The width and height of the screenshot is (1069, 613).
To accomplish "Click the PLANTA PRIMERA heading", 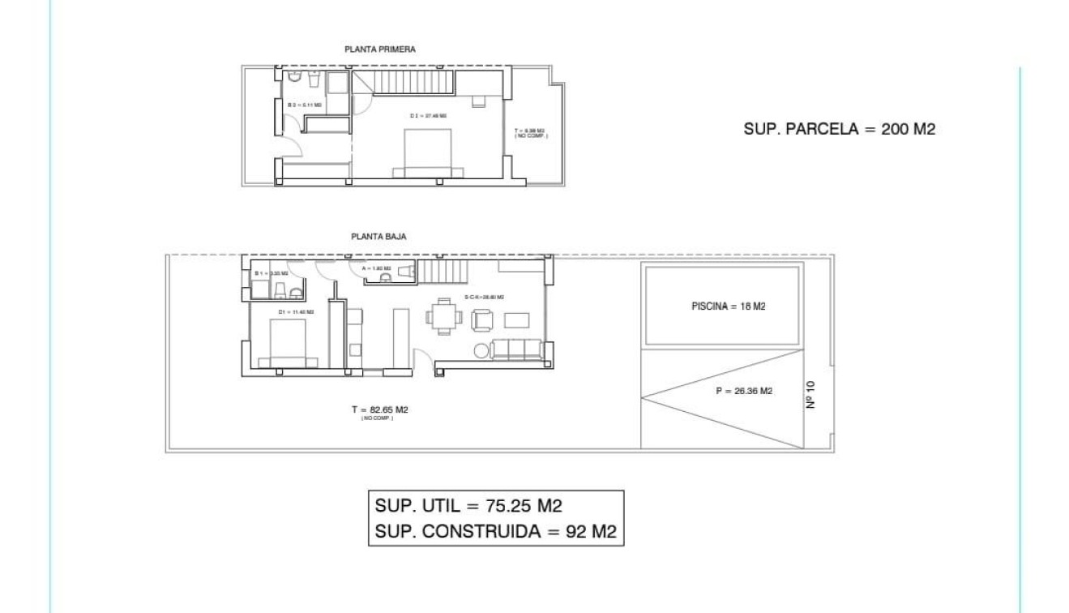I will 380,49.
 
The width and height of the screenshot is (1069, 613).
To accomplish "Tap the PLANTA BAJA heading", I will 378,237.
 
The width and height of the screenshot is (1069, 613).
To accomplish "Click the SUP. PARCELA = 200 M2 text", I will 839,128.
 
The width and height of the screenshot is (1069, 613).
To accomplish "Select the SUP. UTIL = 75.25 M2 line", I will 468,506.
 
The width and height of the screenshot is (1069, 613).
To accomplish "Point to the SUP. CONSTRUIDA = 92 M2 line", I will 496,532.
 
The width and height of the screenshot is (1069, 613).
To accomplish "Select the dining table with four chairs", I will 443,316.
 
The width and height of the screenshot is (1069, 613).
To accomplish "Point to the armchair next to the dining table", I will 481,320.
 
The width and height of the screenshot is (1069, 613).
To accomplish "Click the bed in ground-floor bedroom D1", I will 283,345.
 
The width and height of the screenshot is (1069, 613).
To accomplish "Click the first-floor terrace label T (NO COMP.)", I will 531,132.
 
